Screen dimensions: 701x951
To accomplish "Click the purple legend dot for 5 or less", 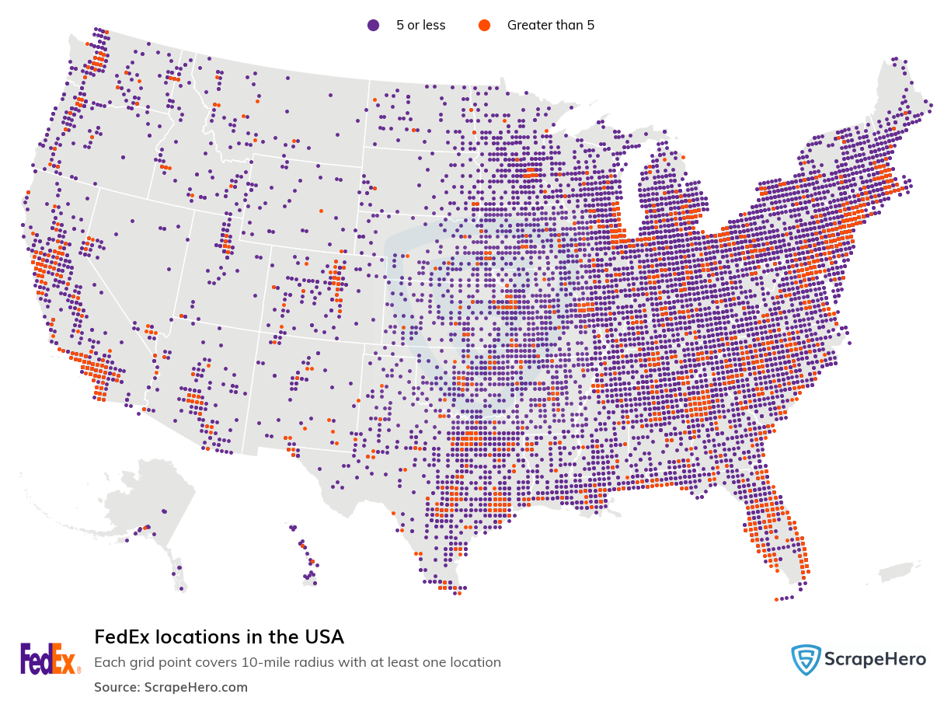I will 373,25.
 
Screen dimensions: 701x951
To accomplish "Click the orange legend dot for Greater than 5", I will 484,25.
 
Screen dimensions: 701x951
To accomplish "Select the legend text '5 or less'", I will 420,25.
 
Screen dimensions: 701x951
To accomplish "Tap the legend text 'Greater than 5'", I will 550,25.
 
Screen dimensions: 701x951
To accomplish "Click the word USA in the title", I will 323,637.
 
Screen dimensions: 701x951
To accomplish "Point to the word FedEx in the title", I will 122,637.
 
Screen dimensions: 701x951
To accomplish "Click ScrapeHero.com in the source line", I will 196,687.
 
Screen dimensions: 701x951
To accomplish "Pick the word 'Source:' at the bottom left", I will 117,687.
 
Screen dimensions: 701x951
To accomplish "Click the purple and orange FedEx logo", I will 50,659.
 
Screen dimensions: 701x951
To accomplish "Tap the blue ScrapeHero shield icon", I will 806,660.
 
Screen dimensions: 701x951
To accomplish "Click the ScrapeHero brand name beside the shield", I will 876,660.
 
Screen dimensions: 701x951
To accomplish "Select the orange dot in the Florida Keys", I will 776,599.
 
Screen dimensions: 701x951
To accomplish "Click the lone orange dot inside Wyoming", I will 320,211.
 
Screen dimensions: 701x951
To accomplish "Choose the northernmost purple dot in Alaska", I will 164,511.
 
